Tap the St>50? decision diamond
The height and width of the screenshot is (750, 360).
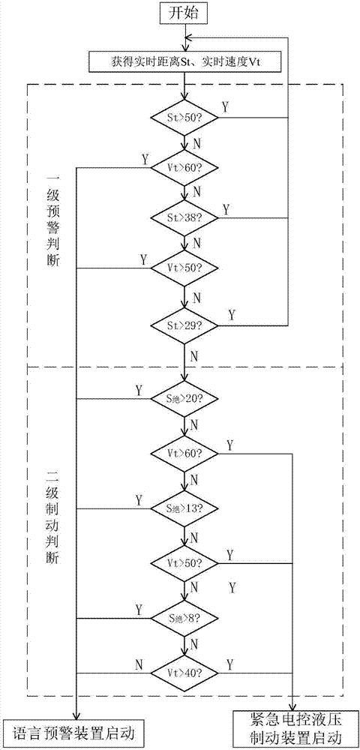pos(185,117)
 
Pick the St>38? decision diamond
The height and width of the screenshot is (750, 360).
pos(185,217)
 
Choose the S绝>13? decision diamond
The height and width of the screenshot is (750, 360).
pos(185,508)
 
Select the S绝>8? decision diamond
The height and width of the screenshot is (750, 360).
pos(185,618)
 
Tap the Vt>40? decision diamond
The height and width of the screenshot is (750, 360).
pos(185,673)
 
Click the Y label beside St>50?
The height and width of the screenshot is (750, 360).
pos(225,106)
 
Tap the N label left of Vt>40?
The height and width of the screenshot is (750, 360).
pos(139,663)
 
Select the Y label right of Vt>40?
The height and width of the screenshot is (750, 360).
pos(229,663)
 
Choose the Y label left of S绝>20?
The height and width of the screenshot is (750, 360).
pos(139,389)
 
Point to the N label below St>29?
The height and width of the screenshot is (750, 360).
pos(195,353)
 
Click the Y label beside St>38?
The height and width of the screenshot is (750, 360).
pos(225,208)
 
